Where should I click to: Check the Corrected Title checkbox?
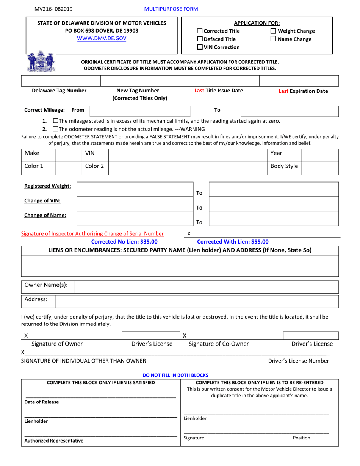tap(200, 31)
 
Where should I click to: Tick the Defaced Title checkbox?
tap(200, 39)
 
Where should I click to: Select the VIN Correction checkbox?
tap(200, 47)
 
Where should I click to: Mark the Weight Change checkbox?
tap(273, 31)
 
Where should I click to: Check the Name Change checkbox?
tap(273, 39)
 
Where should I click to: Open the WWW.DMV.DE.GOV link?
tap(102, 38)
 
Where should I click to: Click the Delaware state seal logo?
tap(41, 62)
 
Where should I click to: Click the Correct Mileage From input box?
tap(140, 111)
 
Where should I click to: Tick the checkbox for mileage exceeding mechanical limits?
tap(56, 121)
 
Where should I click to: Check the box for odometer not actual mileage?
tap(56, 129)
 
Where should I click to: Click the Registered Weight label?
tap(47, 186)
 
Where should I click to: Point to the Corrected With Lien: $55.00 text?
tap(233, 242)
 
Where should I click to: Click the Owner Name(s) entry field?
tap(206, 287)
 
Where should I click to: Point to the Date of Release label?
tap(42, 402)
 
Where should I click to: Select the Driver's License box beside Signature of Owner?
tap(152, 335)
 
